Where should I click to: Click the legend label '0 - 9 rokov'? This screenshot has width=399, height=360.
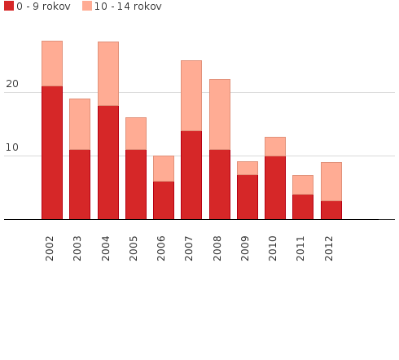point(43,7)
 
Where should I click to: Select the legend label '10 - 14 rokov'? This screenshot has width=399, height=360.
point(128,7)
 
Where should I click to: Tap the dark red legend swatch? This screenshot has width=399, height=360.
point(9,7)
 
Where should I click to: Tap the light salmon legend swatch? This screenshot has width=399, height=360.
point(87,7)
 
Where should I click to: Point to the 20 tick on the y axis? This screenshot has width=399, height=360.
point(12,84)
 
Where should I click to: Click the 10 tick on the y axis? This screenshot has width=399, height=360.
point(12,147)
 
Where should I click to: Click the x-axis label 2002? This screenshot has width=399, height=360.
point(51,248)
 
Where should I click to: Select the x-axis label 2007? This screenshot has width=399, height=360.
point(191,248)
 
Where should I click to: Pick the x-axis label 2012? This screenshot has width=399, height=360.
point(330,248)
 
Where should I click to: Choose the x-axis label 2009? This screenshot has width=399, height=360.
point(247,248)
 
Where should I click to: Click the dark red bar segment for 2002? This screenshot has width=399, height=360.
point(52,152)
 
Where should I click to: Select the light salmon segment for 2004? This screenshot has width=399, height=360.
point(107,74)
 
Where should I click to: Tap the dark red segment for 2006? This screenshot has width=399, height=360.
point(163,200)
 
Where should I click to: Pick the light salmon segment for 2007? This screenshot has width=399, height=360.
point(191,96)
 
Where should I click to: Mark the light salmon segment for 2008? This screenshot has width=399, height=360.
point(219,115)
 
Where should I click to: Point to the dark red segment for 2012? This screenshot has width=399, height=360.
point(331,210)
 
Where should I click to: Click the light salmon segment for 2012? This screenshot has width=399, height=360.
point(331,182)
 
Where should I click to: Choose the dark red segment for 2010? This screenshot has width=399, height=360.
point(274,187)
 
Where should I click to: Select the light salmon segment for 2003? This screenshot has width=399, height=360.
point(80,125)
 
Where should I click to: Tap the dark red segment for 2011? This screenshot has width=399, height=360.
point(302,207)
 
